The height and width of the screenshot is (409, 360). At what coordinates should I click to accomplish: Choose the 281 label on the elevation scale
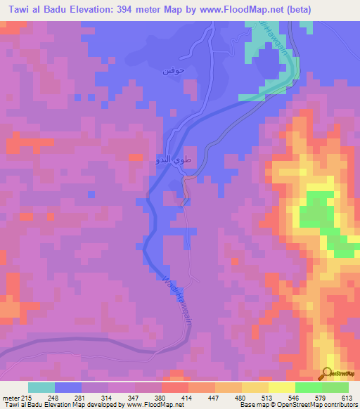click(79, 397)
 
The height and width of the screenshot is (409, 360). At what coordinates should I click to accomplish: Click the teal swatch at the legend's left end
click(41, 387)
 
